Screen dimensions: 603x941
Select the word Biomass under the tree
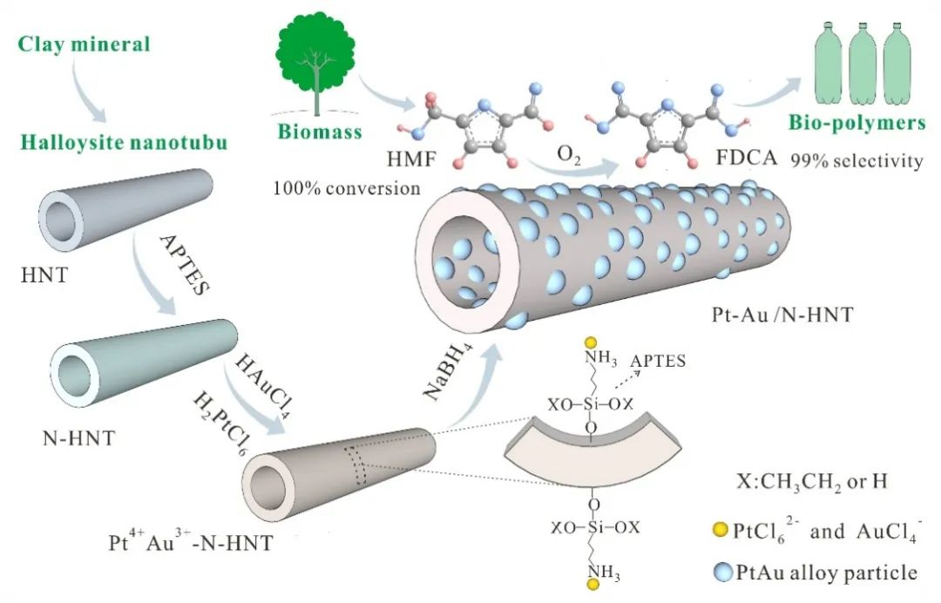319,132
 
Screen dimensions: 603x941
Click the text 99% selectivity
856,161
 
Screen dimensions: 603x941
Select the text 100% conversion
346,187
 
